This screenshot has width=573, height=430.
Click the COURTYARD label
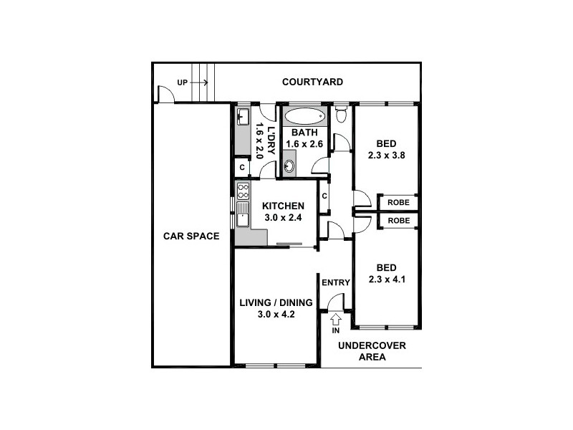coord(312,82)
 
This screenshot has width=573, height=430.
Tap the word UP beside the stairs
coord(182,83)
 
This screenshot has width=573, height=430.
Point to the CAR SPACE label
coord(191,236)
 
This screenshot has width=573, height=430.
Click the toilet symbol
coord(341,115)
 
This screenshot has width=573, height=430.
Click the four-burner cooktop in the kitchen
coord(243,191)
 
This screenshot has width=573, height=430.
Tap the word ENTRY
coord(335,282)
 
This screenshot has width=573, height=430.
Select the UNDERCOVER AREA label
coord(372,350)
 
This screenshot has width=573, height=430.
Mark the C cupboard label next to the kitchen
coord(324,196)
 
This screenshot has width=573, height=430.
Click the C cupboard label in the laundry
coord(242,168)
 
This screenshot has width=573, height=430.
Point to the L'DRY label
coord(270,139)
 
